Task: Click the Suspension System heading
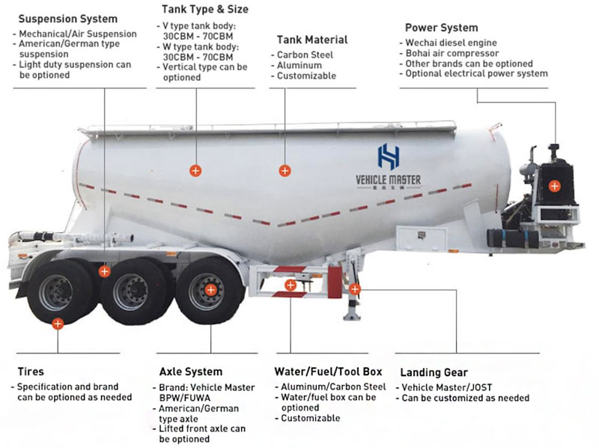(67, 19)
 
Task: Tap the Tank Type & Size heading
(205, 10)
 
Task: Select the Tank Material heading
(312, 40)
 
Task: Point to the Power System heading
(441, 28)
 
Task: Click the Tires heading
(31, 372)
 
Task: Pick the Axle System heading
(191, 372)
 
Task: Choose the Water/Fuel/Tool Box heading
(329, 372)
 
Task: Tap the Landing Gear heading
(434, 372)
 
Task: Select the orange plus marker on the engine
(554, 186)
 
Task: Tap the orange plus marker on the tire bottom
(58, 324)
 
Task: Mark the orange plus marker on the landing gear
(355, 288)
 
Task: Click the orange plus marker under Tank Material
(285, 171)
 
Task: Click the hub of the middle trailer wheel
(132, 291)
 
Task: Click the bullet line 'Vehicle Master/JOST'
(446, 387)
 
